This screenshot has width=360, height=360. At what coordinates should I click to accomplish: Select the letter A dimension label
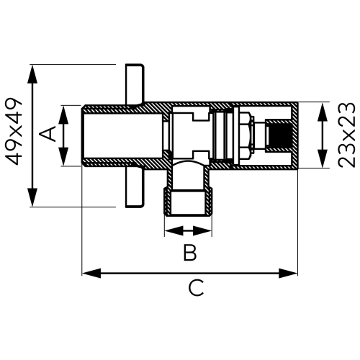[x=48, y=135]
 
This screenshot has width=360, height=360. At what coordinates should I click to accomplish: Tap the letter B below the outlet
[x=189, y=253]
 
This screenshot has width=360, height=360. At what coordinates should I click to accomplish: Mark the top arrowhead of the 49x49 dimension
[x=32, y=69]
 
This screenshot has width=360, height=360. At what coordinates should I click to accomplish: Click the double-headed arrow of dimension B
[x=189, y=230]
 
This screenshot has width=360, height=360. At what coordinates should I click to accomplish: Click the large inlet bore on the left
[x=115, y=137]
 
